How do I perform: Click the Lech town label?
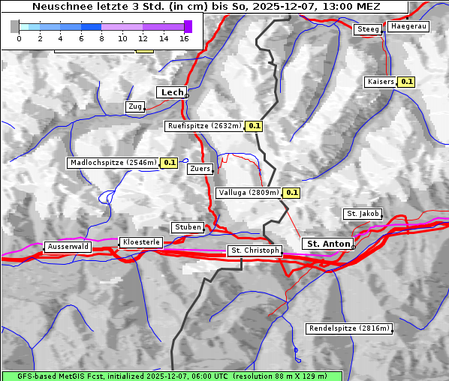point(172,92)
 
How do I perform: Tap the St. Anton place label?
point(329,244)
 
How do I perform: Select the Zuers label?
point(200,169)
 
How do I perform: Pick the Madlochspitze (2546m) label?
point(113,163)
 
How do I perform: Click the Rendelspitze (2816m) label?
point(349,328)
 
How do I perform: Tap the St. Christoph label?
point(255,250)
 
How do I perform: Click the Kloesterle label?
point(140,242)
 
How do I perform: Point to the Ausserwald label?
point(68,246)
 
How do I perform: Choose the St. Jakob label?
point(363,214)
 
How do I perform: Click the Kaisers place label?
point(380,81)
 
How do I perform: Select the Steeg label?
point(368,29)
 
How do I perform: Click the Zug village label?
point(135,106)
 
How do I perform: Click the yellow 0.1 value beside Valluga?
point(292,193)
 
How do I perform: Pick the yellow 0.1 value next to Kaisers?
point(406,81)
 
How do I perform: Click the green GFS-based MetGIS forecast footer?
point(172,376)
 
